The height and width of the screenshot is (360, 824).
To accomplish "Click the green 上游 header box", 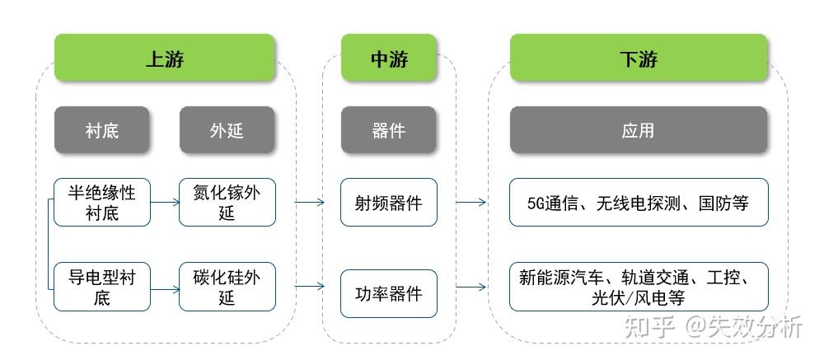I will point(164,58).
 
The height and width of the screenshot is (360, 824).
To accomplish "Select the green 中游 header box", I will point(388,58).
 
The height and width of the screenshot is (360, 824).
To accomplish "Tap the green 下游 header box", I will point(639,58).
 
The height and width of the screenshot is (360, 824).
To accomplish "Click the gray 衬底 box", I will point(102,130).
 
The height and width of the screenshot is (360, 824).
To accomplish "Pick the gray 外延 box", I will point(227,130).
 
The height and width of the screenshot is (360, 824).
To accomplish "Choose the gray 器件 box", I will point(388,130).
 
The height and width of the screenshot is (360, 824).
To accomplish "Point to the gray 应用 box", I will point(639,130).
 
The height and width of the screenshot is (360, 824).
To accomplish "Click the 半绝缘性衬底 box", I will point(102,203).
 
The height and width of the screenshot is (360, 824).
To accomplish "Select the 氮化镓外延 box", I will point(227,203).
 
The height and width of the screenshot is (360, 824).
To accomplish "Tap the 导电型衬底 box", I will point(102,287).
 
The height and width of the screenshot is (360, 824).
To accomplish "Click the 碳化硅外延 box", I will point(227,287).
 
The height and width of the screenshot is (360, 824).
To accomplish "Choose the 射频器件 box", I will point(388,203).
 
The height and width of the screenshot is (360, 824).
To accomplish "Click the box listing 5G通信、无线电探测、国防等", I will point(639,203).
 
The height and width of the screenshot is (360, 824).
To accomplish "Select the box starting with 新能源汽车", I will point(639,287).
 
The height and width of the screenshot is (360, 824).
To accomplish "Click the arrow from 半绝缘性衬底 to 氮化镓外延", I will point(166,202).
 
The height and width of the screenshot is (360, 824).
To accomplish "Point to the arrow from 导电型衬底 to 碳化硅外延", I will point(166,288).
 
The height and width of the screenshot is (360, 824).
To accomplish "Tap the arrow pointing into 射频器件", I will point(308,202).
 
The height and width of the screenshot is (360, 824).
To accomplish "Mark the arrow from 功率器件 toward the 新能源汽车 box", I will point(471,287).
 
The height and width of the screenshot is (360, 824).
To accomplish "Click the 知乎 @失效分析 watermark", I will point(714,327).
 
